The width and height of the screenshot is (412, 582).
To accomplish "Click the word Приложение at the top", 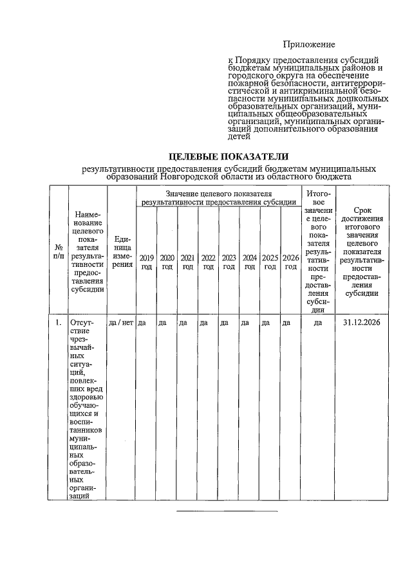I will click(310, 44).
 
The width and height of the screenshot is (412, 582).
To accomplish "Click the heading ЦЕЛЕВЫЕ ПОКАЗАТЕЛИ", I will click(229, 156).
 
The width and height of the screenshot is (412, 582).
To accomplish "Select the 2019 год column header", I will click(147, 262).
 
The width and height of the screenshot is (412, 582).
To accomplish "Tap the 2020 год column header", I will click(167, 262).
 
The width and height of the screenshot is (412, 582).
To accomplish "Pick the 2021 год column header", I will click(188, 262).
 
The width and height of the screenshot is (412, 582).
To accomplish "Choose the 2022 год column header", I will click(209, 262).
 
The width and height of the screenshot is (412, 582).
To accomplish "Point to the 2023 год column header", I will click(229, 262).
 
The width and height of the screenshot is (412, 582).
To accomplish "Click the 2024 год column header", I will click(250, 262).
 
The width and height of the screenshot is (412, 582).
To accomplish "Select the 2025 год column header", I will click(270, 262).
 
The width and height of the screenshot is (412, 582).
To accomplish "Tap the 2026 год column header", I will click(291, 262).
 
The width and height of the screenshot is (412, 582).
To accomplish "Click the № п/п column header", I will click(59, 251).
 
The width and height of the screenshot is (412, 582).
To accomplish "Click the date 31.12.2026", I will click(362, 323).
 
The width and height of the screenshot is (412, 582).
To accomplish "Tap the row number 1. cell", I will click(59, 323).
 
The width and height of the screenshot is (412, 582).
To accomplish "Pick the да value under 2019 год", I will click(142, 323).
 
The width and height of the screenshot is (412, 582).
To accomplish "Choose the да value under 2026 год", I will click(286, 323).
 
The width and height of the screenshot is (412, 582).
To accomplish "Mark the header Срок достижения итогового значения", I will click(362, 251).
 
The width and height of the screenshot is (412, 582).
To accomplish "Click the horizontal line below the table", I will click(227, 511).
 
